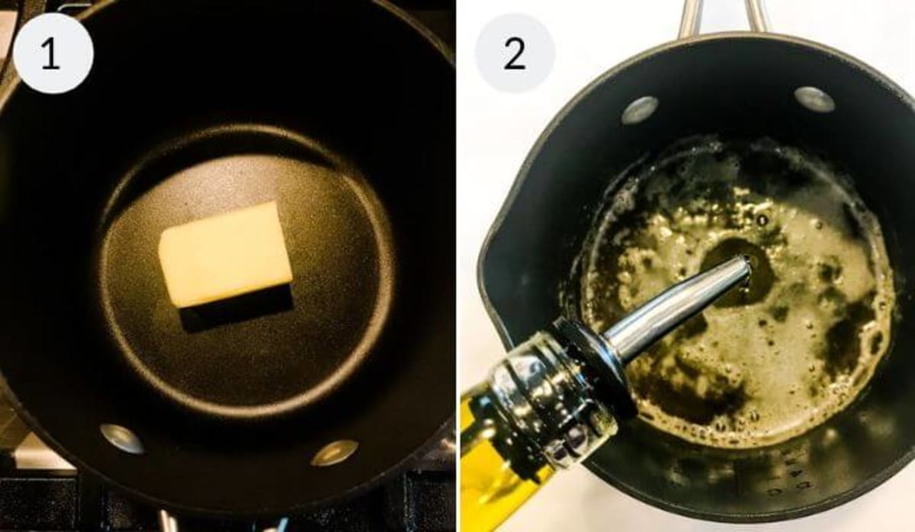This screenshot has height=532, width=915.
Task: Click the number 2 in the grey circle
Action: pos(514,53)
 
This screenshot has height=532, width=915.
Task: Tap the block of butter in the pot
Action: pos(225,254)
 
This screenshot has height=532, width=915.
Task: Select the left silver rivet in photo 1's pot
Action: pos(122,439)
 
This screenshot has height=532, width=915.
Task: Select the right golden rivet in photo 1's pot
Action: pos(334,453)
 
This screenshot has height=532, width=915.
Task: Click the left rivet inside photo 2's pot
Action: pos(640,110)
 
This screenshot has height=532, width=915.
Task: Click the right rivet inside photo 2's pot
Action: pos(814,100)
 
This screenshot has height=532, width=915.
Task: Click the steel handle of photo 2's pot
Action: pos(723,18)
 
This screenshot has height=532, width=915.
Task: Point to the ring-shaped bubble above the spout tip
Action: pos(762,221)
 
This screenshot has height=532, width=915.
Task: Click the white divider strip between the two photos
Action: pos(458,266)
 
